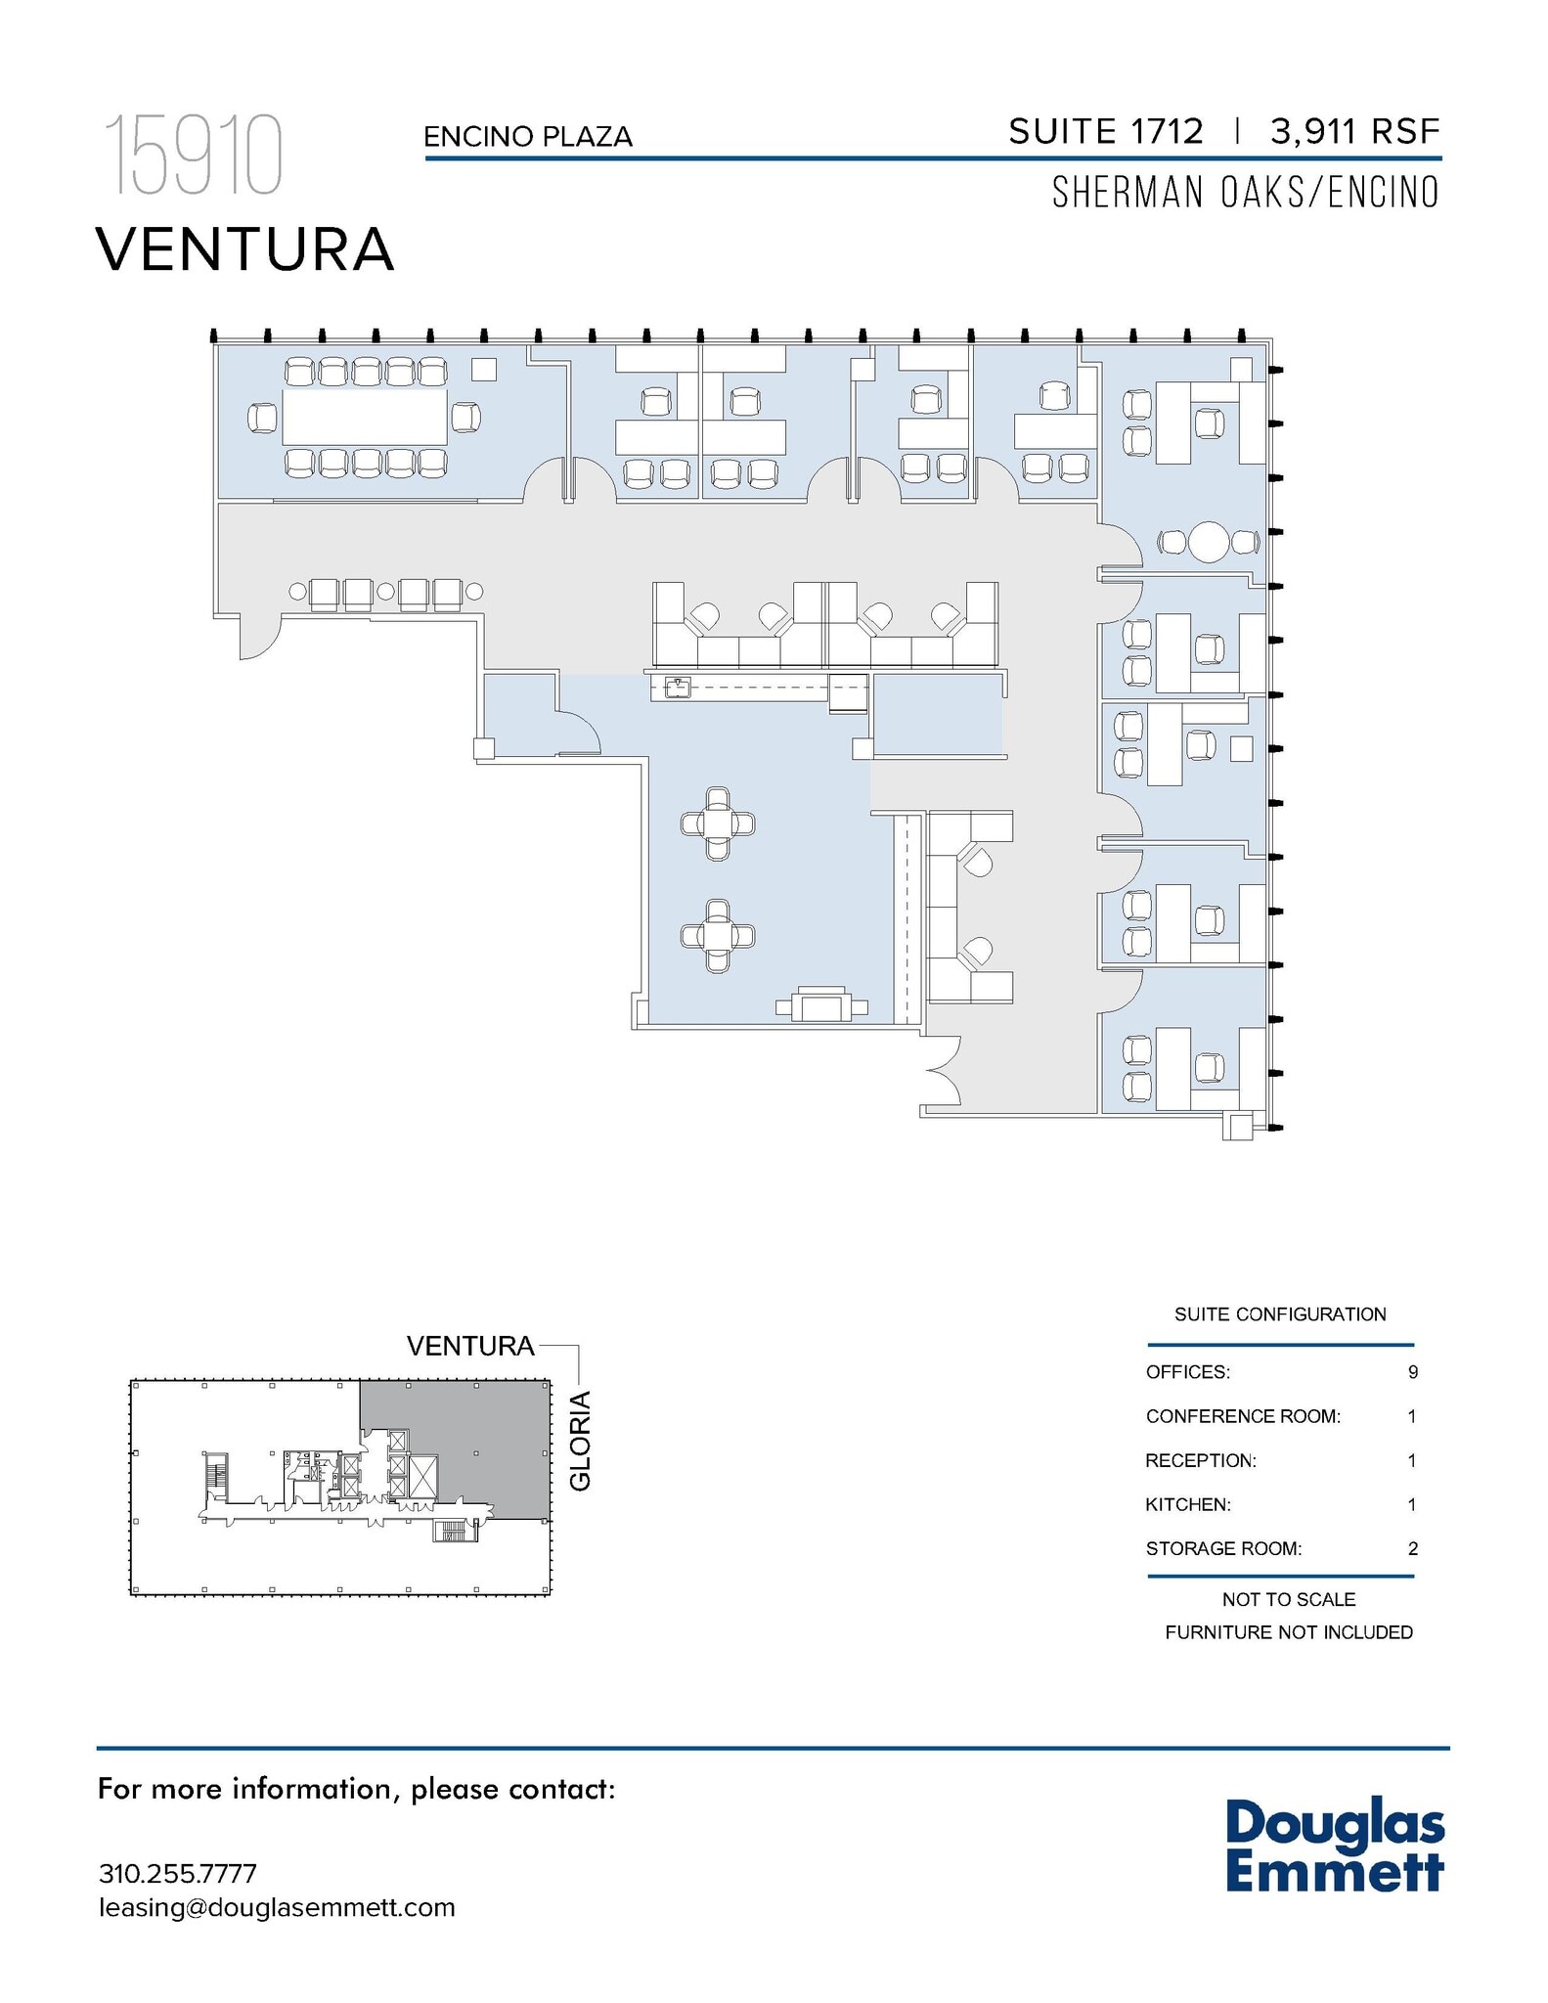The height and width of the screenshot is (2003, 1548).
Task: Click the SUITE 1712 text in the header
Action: click(1105, 132)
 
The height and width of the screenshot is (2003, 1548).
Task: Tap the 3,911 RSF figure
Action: click(1354, 132)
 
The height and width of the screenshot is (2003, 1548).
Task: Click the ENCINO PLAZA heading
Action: click(528, 137)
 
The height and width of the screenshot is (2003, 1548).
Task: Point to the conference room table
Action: click(365, 418)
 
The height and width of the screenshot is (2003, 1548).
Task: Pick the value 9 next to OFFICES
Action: click(1412, 1372)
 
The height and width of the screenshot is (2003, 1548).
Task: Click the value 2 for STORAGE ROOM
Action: click(1412, 1548)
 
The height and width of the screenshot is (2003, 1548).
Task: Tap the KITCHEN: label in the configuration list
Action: click(1187, 1504)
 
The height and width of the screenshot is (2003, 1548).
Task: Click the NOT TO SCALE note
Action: click(1288, 1599)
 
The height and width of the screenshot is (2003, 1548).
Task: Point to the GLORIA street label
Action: click(581, 1440)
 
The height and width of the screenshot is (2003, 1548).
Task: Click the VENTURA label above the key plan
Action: click(470, 1346)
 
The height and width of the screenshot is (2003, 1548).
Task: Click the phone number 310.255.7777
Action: click(178, 1874)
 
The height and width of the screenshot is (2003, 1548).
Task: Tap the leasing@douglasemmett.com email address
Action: click(277, 1907)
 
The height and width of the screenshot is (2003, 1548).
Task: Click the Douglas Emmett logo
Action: click(1334, 1846)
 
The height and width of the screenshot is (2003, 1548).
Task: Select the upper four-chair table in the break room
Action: click(718, 823)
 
